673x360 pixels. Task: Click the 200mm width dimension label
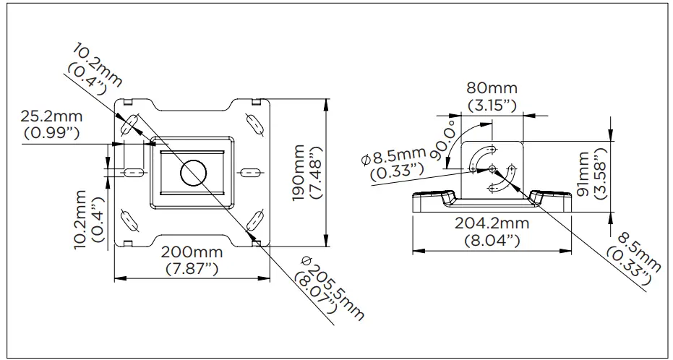192,253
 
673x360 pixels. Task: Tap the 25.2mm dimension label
51,116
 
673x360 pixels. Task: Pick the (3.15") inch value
492,105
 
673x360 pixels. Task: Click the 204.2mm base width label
491,223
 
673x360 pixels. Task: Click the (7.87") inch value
192,269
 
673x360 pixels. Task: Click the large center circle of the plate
193,171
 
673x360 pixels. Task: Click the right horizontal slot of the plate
249,172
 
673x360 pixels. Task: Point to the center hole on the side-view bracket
492,169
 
